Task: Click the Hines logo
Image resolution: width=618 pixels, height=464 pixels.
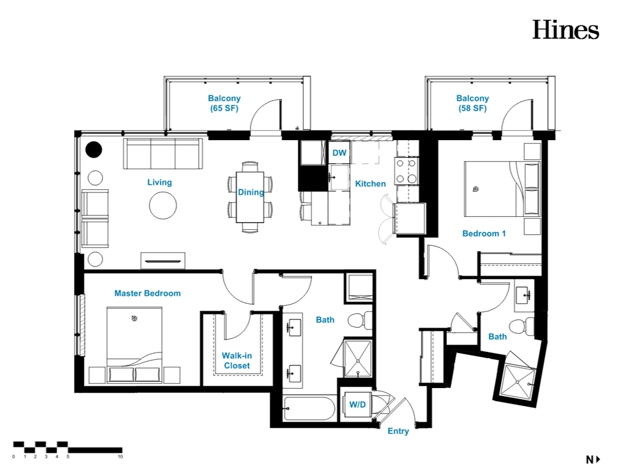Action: point(566,30)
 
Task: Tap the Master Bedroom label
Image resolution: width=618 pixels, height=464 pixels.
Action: point(147,293)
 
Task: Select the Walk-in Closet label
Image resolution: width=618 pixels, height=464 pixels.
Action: point(237,361)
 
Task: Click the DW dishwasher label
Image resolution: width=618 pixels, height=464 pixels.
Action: point(339,153)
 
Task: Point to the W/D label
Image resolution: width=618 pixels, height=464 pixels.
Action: point(357,404)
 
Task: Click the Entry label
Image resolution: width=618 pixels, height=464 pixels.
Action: point(398,431)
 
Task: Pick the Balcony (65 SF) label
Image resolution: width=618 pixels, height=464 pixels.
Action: point(224,103)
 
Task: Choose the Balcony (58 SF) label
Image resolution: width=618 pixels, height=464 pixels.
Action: point(473,103)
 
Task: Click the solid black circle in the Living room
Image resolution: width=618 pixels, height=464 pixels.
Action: point(94,149)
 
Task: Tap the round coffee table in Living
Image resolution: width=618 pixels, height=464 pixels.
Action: point(163,206)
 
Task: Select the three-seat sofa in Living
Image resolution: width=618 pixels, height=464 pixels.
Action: point(163,154)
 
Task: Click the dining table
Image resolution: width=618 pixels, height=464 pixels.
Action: point(251,197)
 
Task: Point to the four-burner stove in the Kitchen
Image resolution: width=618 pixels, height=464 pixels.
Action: point(407,171)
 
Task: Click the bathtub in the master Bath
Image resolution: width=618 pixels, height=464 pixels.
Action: point(309,409)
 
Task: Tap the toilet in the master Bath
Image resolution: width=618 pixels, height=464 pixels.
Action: point(360,320)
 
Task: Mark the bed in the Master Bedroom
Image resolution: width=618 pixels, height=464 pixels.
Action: point(134,345)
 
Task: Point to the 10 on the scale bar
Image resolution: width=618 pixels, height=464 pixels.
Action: point(120,457)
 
